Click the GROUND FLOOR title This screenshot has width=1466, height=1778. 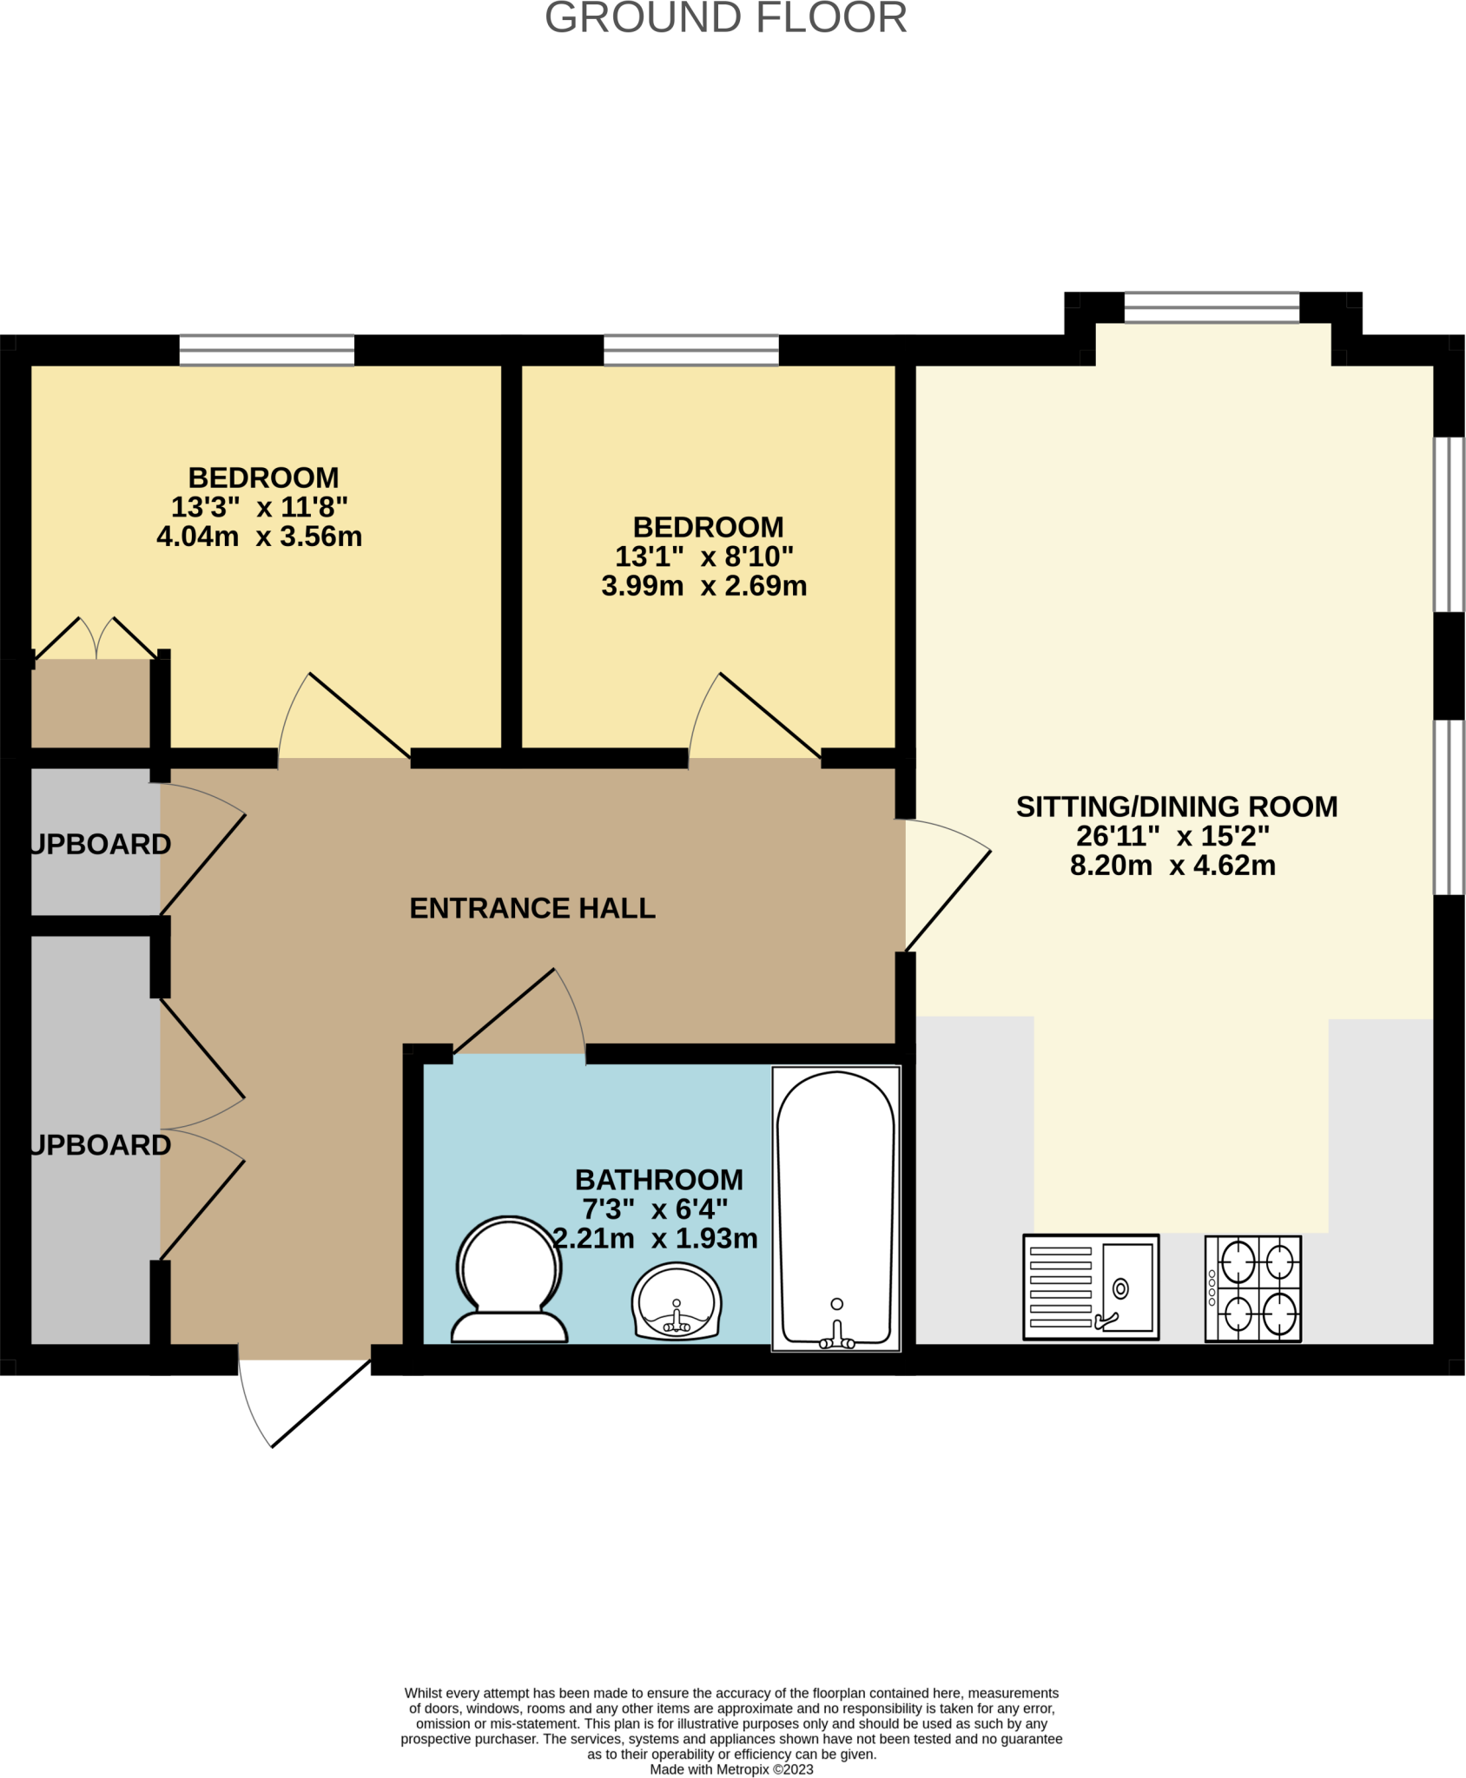725,18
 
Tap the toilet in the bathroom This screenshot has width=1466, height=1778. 509,1281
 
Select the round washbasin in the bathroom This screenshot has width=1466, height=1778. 677,1302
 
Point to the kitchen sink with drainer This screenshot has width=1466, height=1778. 1091,1287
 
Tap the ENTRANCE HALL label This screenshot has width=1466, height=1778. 532,908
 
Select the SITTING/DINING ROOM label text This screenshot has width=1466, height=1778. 1176,807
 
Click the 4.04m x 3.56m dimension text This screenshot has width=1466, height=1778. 259,537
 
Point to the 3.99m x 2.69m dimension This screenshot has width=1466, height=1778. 703,586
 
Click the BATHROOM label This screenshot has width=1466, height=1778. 658,1180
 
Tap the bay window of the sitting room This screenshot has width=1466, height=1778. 1212,307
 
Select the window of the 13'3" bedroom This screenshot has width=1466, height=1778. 267,351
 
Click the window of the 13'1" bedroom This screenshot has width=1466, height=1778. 691,351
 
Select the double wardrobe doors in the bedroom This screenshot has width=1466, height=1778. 96,638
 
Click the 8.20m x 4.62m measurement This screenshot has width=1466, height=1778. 1172,866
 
